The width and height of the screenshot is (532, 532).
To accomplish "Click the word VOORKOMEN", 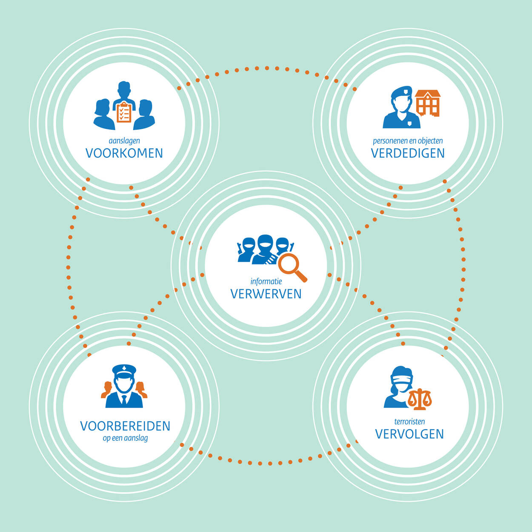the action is click(124, 153).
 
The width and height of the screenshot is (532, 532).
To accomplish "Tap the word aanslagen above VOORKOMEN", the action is click(124, 141).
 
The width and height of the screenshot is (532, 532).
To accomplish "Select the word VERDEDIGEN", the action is click(408, 153).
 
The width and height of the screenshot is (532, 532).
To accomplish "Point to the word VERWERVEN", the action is click(266, 294).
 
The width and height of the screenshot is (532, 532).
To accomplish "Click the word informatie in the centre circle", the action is click(266, 281).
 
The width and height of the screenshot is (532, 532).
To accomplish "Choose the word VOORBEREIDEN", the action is click(125, 426).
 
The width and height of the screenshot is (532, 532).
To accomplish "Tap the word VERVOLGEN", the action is click(409, 434).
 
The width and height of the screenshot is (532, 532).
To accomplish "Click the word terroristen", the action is click(409, 422).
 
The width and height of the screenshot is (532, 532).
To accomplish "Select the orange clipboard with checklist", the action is click(124, 112).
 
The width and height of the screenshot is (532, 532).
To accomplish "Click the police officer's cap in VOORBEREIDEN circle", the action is click(124, 371).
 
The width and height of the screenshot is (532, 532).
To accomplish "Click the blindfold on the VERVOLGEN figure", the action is click(402, 380).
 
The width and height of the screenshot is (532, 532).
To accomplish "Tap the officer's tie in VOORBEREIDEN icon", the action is click(124, 400).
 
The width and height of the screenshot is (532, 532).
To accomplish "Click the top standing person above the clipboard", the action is click(124, 95).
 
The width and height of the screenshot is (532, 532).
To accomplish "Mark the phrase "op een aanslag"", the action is click(125, 438).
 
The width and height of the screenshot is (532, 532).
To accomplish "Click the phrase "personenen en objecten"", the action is click(408, 141).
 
